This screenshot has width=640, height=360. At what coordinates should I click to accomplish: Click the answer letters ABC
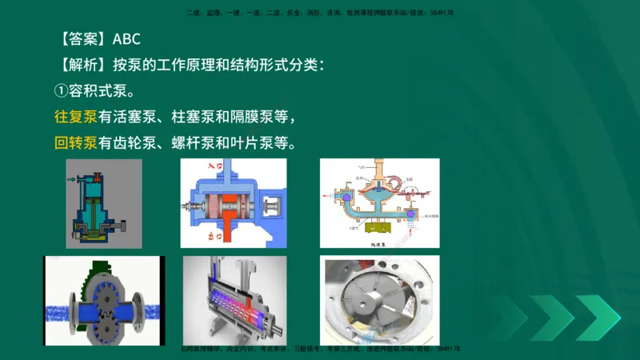127,39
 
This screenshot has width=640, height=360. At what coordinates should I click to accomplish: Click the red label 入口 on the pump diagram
214,167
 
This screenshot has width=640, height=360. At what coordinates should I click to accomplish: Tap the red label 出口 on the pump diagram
213,237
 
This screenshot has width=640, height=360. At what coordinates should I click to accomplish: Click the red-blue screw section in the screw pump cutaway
232,306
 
